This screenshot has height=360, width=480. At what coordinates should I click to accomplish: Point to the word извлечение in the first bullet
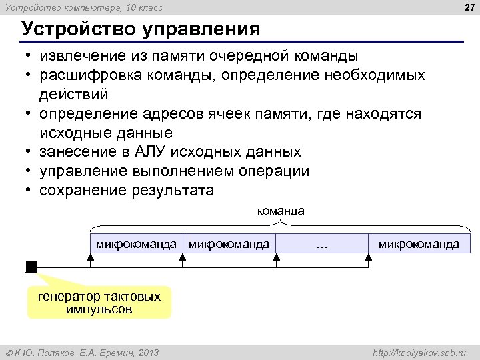81,55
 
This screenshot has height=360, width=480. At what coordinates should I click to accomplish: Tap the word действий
73,94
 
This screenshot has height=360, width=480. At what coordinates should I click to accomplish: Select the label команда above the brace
281,211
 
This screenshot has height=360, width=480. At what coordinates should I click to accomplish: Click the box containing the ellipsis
323,244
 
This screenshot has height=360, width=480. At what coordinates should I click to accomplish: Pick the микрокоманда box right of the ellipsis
419,244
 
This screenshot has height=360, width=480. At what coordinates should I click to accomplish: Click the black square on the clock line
31,267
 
